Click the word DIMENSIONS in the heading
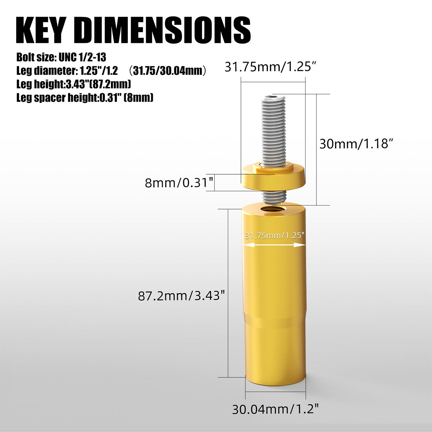point(163,30)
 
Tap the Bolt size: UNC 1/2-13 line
point(61,57)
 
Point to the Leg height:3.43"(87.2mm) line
point(73,84)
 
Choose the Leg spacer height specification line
point(85,98)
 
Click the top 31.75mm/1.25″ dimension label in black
point(270,67)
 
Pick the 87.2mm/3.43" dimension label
point(181,296)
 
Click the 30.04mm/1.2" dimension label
point(275,409)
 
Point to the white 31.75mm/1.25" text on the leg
point(275,236)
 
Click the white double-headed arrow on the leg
point(275,245)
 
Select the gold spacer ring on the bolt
point(273,176)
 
